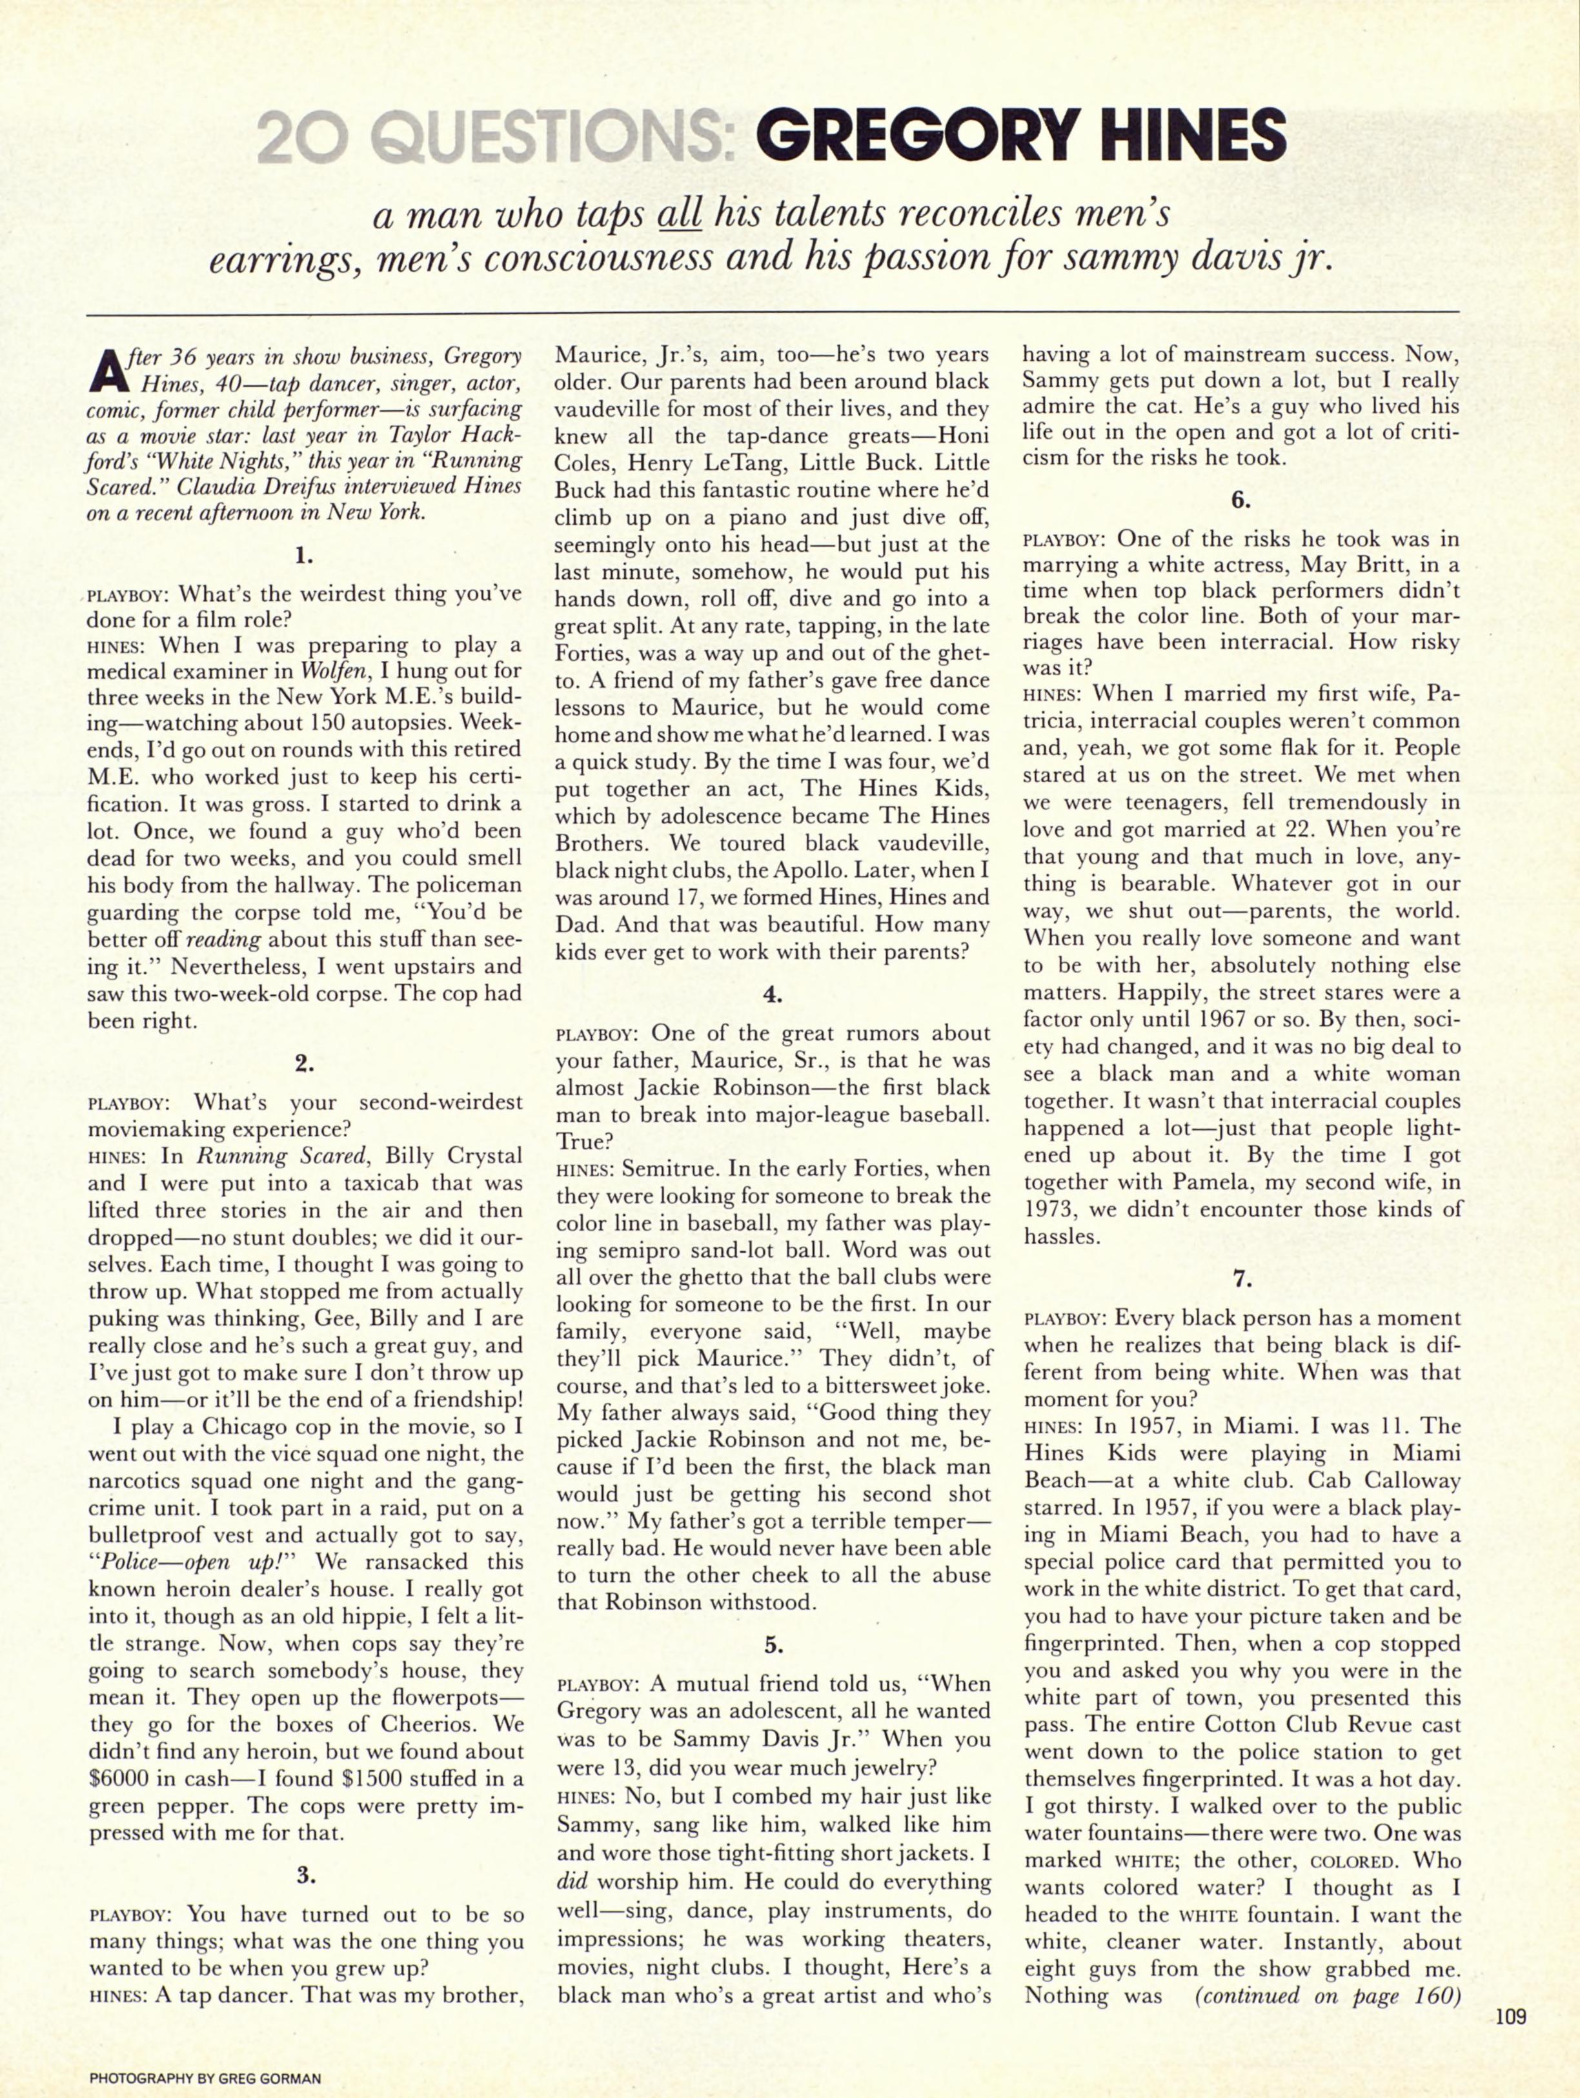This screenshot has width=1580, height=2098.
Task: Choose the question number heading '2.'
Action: point(303,1064)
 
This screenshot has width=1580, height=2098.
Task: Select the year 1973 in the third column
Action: point(1053,1209)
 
